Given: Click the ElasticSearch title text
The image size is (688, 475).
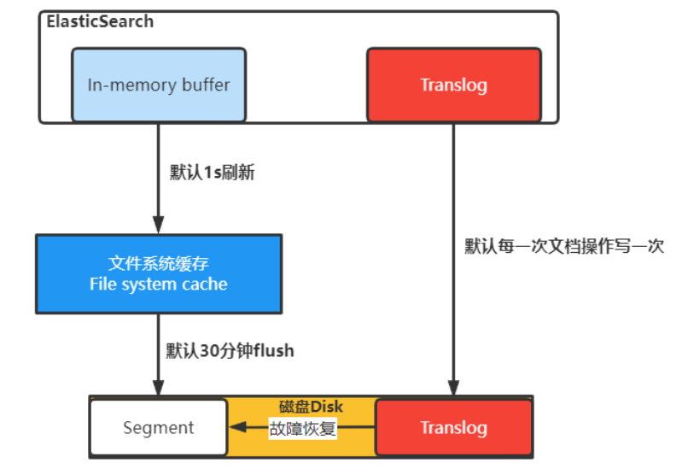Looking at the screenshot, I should click(101, 21).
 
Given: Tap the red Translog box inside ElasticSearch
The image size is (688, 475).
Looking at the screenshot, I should click(453, 85).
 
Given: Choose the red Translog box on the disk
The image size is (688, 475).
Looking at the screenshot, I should click(453, 427).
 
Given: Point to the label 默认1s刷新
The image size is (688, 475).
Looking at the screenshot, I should click(213, 172).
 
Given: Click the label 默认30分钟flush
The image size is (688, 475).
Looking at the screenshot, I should click(230, 349).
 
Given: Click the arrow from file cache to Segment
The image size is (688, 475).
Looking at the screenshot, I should click(158, 355).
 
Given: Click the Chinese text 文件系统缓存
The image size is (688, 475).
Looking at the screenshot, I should click(158, 262).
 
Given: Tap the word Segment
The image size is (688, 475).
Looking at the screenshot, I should click(159, 428).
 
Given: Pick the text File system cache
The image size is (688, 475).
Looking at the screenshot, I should click(159, 284).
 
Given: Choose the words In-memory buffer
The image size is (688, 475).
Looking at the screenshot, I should click(159, 85).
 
